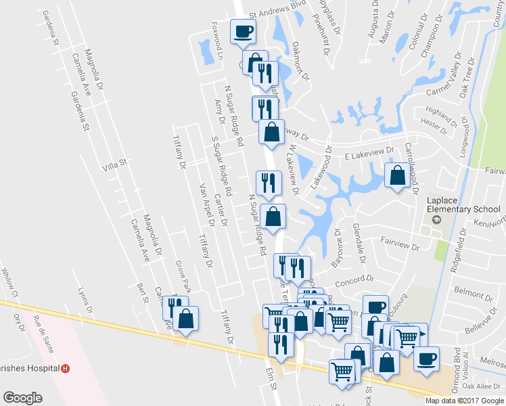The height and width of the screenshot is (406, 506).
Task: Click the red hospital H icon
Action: click(65, 369)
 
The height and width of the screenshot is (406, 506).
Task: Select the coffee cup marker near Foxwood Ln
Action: click(243, 30)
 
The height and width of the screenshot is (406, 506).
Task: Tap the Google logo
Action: click(22, 398)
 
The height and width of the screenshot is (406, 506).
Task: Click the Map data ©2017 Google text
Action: click(464, 401)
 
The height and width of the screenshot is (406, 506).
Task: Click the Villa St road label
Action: click(114, 164)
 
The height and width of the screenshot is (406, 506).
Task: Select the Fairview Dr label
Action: click(400, 244)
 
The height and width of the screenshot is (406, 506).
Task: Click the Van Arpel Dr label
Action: click(206, 204)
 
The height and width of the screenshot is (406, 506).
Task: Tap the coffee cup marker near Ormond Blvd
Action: click(425, 358)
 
